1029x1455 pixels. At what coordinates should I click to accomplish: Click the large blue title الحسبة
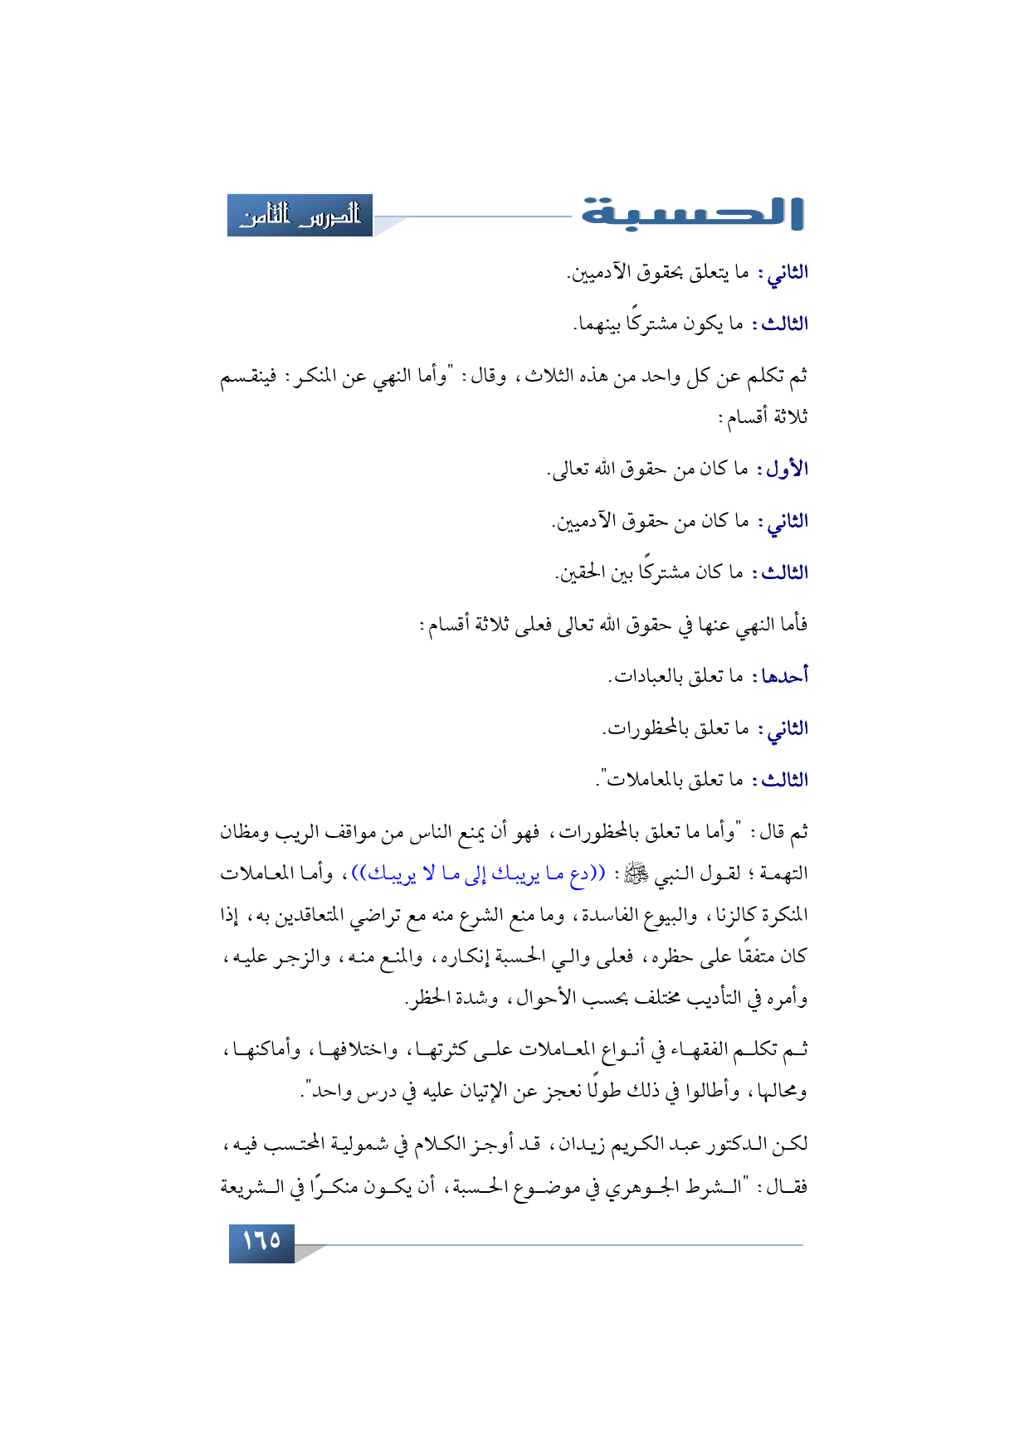point(692,213)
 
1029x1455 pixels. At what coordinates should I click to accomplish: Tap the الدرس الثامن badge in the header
point(300,216)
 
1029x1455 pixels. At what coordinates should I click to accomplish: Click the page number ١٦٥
point(261,1241)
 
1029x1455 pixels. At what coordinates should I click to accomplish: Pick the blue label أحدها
point(780,677)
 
